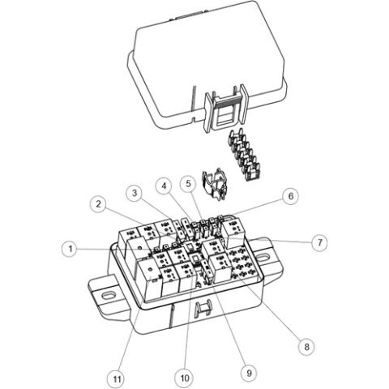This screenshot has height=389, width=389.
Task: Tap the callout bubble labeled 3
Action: coord(133,192)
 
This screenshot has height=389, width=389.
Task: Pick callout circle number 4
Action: coord(164,186)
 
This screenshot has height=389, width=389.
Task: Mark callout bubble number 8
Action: coord(306,347)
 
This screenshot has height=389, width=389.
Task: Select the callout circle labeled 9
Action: coord(250,373)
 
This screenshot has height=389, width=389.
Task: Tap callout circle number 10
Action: coord(184,378)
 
